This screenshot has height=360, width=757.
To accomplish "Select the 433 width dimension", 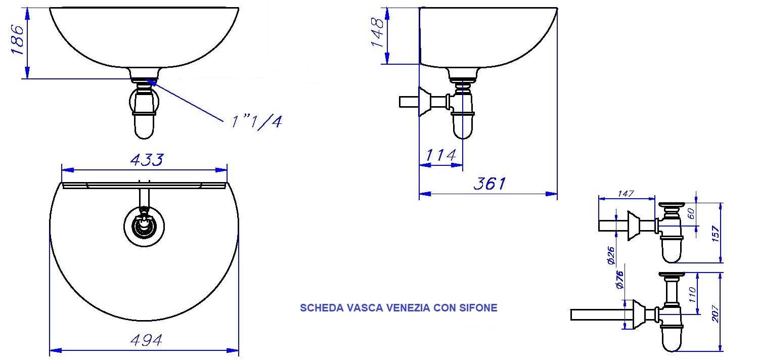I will tap(147, 160).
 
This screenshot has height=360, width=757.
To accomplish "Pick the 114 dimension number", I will tap(441, 155).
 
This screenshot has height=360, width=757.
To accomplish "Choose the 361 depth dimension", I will tap(489, 184).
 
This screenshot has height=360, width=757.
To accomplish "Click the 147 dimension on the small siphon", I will tap(626, 194).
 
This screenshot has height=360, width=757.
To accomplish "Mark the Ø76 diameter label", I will tap(620, 280).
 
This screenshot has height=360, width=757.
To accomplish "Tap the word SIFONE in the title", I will tap(478, 307).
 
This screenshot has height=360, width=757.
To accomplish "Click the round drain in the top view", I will tap(145, 226).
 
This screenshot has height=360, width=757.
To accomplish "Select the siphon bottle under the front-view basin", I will tap(145, 121).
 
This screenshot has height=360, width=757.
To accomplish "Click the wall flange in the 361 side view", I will tap(425, 102).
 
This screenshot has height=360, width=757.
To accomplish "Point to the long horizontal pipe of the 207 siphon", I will tap(597, 314).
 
